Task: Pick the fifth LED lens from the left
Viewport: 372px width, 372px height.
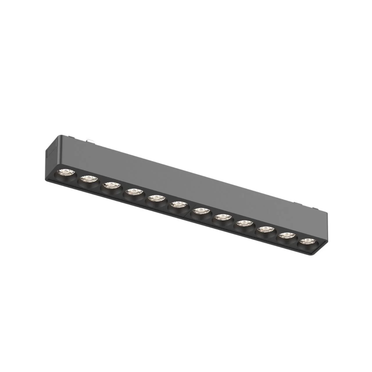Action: [155, 198]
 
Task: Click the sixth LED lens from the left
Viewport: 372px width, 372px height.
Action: [177, 204]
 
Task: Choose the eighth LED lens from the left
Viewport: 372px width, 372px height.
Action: [222, 217]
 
